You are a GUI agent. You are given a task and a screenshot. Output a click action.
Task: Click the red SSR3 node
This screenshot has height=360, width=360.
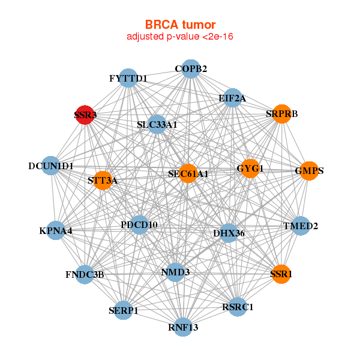click(x=85, y=115)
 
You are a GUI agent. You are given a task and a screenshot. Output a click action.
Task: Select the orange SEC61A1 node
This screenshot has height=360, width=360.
click(x=188, y=173)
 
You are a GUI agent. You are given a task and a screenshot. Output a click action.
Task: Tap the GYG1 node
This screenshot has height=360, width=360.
click(x=250, y=169)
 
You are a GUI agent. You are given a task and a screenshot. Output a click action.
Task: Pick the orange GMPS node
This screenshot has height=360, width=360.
click(x=308, y=171)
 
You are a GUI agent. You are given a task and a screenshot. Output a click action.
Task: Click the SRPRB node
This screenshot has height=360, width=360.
click(x=281, y=114)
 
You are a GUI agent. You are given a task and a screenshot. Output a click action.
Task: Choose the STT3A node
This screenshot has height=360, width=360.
click(x=103, y=181)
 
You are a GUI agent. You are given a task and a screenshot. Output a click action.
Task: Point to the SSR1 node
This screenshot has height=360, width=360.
click(x=281, y=274)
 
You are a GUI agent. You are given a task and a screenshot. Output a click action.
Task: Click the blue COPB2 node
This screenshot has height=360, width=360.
click(x=191, y=69)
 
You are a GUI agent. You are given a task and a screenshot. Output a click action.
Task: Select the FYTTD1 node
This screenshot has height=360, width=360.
click(x=128, y=79)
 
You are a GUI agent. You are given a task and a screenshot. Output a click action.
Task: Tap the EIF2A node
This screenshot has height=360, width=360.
click(x=232, y=97)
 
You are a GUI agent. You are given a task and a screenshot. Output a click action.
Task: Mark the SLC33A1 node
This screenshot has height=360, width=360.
click(x=157, y=125)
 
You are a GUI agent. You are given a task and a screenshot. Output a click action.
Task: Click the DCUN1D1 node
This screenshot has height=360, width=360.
click(x=51, y=166)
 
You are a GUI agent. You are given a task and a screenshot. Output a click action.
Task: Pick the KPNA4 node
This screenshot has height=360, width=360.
click(x=56, y=230)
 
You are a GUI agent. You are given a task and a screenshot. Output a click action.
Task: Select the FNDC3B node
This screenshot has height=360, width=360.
click(x=85, y=275)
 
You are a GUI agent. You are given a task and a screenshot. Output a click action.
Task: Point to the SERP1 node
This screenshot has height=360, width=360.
click(x=124, y=310)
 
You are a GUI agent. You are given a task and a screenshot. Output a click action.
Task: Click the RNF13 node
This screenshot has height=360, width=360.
click(x=184, y=327)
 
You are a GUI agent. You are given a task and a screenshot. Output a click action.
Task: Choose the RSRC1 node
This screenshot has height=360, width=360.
click(x=238, y=307)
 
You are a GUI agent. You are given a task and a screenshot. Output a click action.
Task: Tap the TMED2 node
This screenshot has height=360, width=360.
click(x=301, y=226)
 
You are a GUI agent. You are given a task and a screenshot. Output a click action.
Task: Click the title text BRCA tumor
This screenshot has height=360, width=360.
click(x=179, y=25)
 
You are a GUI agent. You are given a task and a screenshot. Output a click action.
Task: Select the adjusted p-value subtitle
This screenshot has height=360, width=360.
click(x=179, y=37)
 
